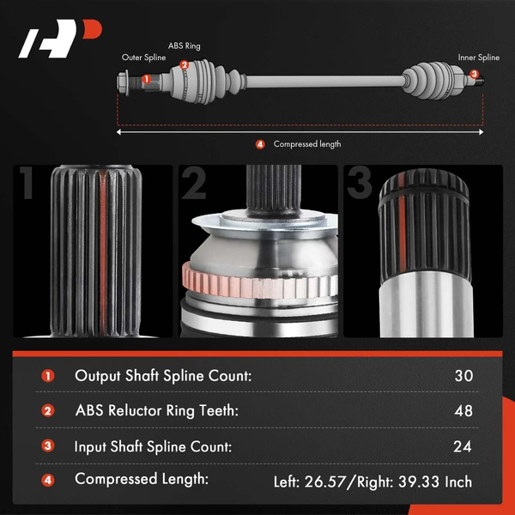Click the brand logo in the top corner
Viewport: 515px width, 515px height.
[60, 39]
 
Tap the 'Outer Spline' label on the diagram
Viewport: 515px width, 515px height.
[143, 58]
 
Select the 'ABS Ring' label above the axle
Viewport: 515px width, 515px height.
[184, 46]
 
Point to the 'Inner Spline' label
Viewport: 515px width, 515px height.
[479, 58]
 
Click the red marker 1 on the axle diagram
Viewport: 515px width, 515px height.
[147, 79]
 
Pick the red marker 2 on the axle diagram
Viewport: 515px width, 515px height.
[184, 65]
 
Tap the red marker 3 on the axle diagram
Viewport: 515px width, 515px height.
[474, 74]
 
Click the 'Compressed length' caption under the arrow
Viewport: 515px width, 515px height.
[307, 144]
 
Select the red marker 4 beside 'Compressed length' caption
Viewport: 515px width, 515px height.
[260, 144]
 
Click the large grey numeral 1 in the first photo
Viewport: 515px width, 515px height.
[28, 183]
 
